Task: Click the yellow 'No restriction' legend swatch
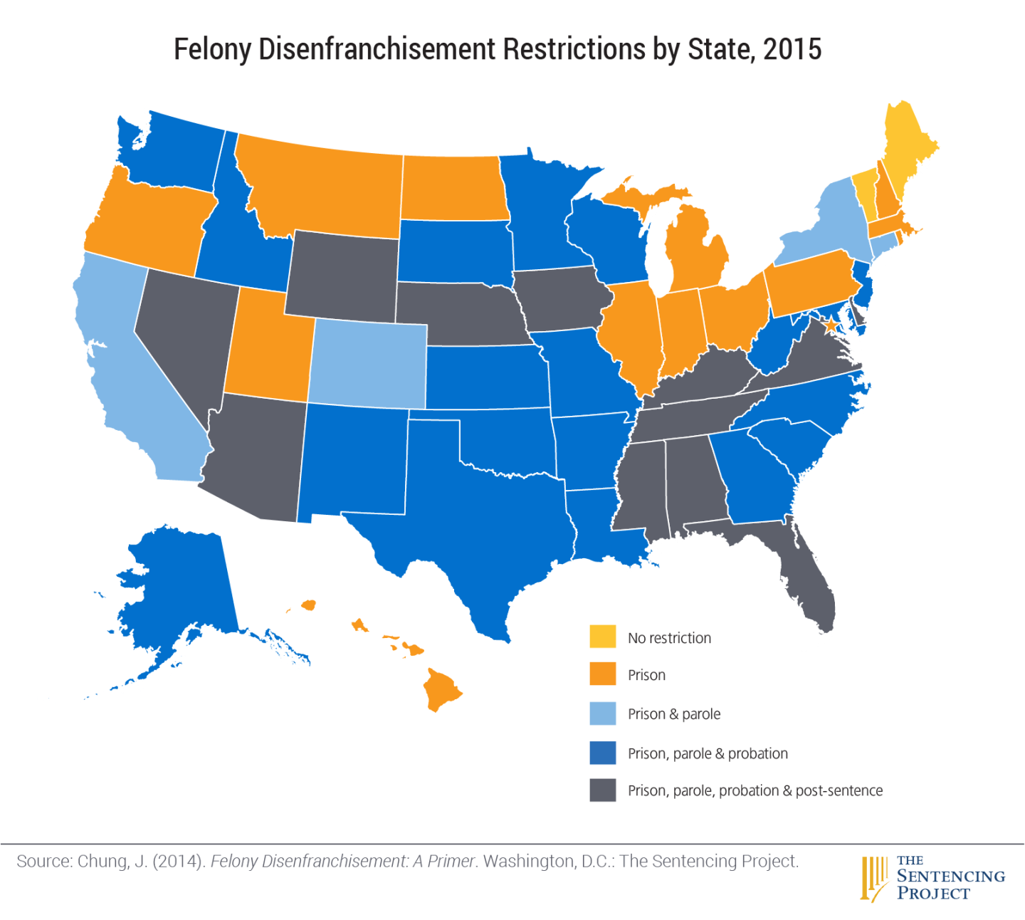602,637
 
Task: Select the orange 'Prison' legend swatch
602,674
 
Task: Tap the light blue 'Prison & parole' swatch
602,713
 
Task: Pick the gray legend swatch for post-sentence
602,790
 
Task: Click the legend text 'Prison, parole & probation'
708,753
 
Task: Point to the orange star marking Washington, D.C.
830,325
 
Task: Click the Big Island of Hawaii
441,689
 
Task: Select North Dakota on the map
453,189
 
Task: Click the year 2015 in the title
792,50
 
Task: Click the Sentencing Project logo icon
874,877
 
